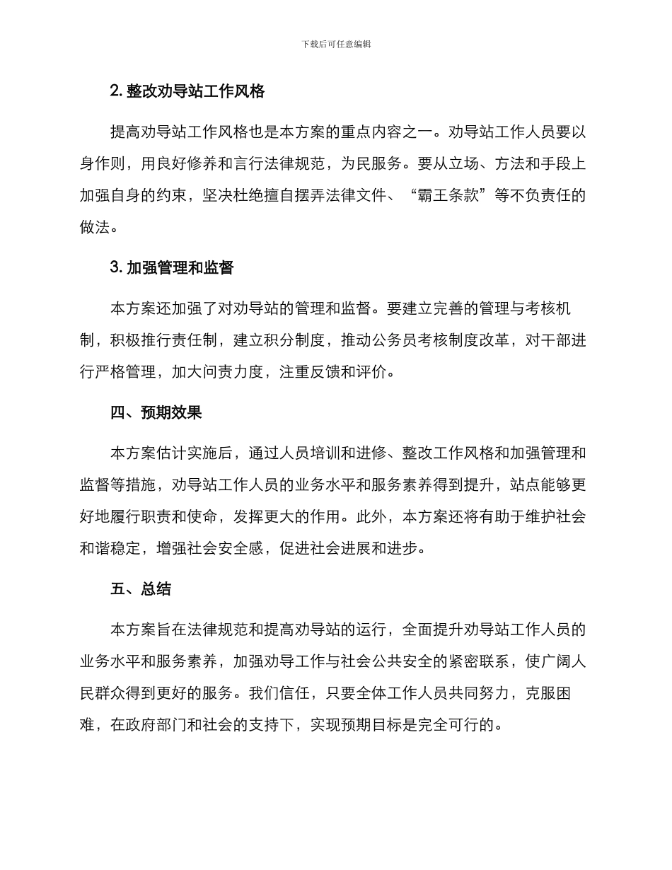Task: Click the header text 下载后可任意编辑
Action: click(x=336, y=44)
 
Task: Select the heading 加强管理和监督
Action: click(x=180, y=267)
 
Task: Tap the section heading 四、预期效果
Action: click(x=156, y=413)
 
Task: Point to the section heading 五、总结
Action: click(x=141, y=588)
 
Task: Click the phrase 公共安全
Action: click(x=387, y=662)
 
